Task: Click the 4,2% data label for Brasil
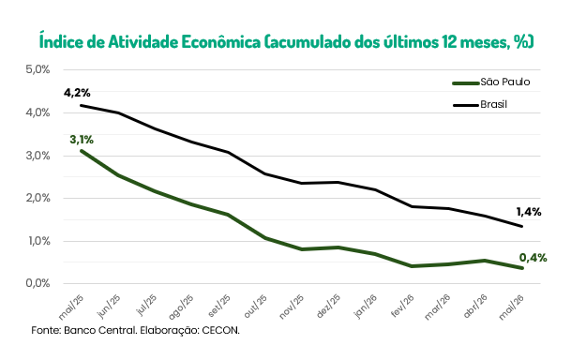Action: tap(77, 93)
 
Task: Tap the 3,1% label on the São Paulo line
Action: tap(82, 140)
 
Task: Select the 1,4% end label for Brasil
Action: tap(529, 212)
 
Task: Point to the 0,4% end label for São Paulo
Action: tap(533, 258)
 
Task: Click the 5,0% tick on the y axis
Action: tap(38, 69)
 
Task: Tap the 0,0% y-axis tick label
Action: tap(38, 283)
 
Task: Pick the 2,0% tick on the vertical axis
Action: tap(38, 198)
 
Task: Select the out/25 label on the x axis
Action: tap(256, 306)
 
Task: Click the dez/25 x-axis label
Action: tap(329, 306)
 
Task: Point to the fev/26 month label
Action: tap(402, 306)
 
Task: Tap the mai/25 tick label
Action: tap(71, 307)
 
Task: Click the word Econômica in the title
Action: tap(221, 42)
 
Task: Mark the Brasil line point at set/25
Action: tap(229, 152)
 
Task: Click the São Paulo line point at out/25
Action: tap(265, 238)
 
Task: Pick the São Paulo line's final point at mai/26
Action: tap(522, 268)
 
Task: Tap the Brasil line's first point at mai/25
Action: tap(82, 105)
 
